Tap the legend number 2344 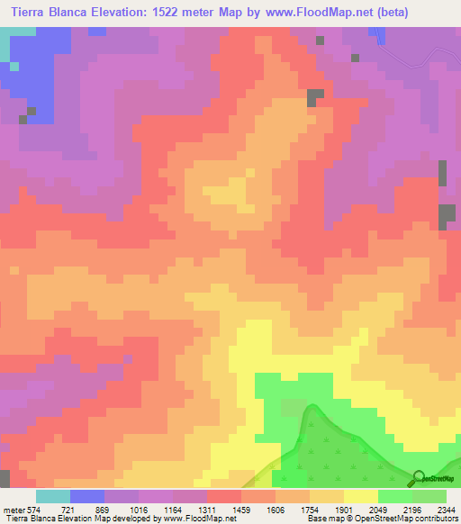[447, 510]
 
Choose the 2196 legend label [413, 510]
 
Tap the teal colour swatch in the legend [53, 496]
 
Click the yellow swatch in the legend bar [361, 496]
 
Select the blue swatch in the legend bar [87, 496]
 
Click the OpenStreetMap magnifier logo [419, 478]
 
